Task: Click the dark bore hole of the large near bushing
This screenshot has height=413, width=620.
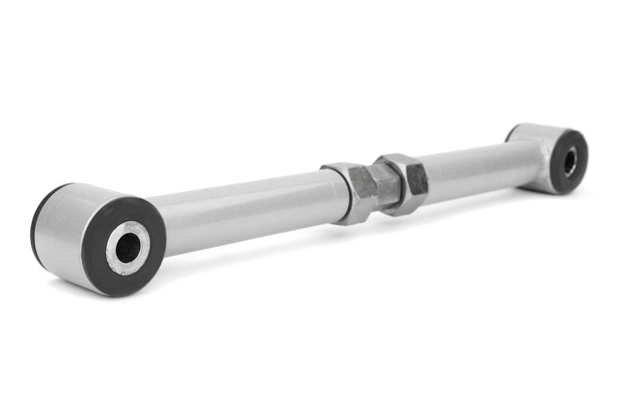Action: pos(127,248)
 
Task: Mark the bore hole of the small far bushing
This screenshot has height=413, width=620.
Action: pos(570,162)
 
